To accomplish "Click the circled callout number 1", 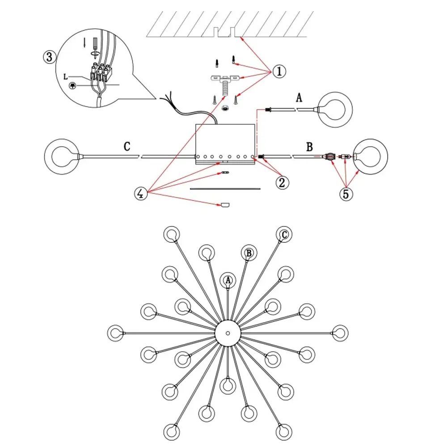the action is pyautogui.click(x=279, y=71).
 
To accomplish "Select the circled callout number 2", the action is pyautogui.click(x=282, y=182).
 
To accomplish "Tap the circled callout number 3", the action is pyautogui.click(x=49, y=57).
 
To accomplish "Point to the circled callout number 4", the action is pyautogui.click(x=140, y=194).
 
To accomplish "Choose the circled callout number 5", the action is pyautogui.click(x=346, y=194).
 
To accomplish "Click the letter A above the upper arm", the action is pyautogui.click(x=299, y=98).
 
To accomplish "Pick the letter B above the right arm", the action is pyautogui.click(x=309, y=147).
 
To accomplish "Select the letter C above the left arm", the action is pyautogui.click(x=127, y=147).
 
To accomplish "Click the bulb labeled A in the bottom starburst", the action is pyautogui.click(x=228, y=281).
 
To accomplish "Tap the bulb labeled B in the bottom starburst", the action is pyautogui.click(x=249, y=253).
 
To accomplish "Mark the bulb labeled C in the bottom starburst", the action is pyautogui.click(x=284, y=235).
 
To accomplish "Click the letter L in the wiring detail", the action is pyautogui.click(x=66, y=77).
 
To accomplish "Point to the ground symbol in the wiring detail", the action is pyautogui.click(x=73, y=85).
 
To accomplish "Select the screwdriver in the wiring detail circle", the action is pyautogui.click(x=95, y=48).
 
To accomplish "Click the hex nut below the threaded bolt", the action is pyautogui.click(x=225, y=108).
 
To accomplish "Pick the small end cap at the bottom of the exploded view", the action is pyautogui.click(x=225, y=205).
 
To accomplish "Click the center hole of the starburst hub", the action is pyautogui.click(x=228, y=333).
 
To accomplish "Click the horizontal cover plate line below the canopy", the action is pyautogui.click(x=225, y=189).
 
